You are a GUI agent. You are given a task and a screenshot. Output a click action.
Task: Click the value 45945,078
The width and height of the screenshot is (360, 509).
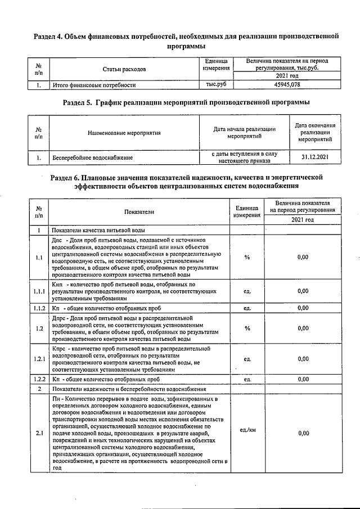(287, 85)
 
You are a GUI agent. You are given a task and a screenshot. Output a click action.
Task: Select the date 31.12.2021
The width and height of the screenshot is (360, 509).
(314, 157)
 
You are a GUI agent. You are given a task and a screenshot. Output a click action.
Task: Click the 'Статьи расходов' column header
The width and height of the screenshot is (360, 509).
(124, 69)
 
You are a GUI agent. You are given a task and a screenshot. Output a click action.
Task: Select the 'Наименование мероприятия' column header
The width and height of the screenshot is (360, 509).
(124, 133)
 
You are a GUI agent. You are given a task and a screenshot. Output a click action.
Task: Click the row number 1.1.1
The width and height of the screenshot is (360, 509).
(38, 291)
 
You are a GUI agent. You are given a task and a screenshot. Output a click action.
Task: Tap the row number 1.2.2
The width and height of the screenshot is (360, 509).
(38, 380)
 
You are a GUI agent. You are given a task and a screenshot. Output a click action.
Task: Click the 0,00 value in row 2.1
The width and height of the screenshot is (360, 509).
(303, 434)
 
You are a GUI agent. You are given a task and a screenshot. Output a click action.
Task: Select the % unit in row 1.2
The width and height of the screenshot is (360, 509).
(247, 328)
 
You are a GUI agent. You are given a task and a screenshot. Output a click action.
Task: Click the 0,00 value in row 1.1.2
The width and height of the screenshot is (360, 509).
(303, 308)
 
